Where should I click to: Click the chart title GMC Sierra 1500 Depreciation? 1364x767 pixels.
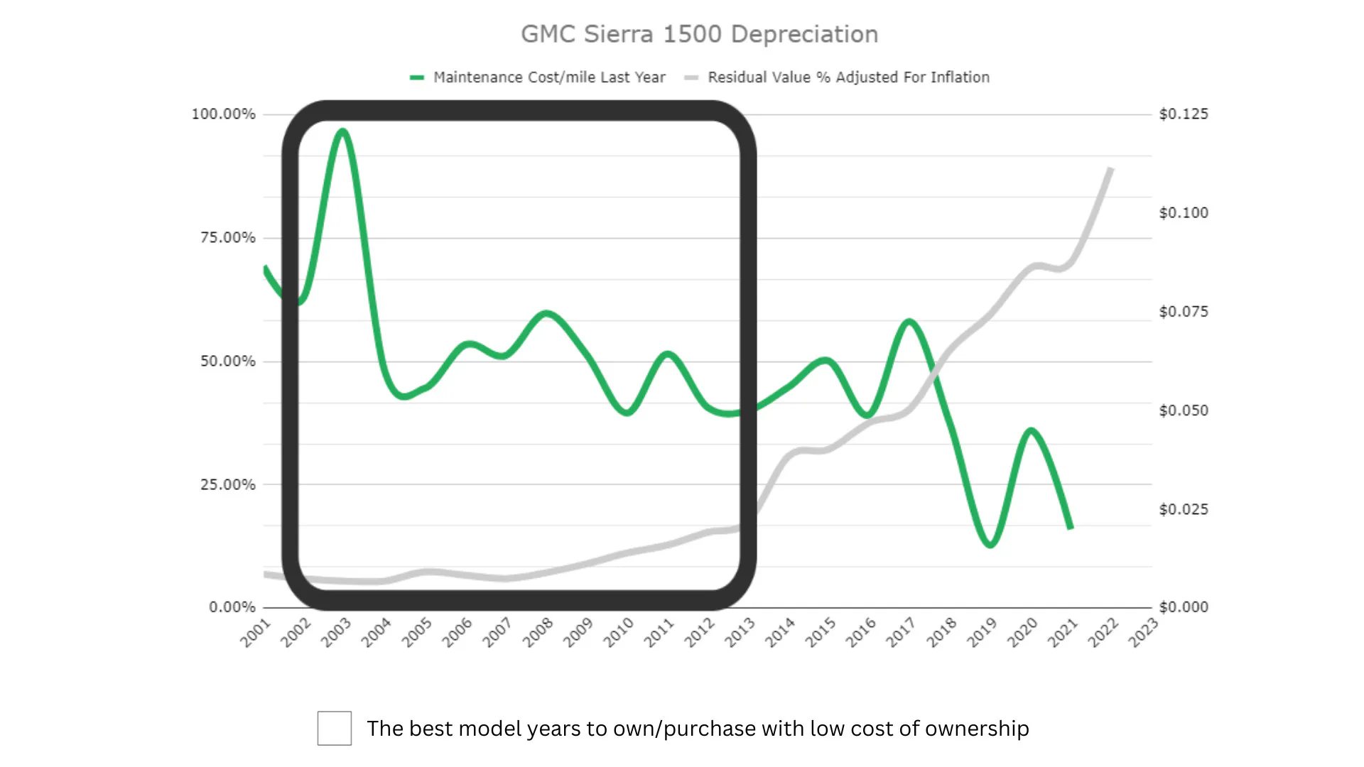[699, 34]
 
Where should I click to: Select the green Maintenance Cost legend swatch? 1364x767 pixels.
[417, 77]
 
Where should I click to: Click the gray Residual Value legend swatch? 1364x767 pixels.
[691, 77]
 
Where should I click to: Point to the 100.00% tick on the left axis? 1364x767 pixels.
[223, 114]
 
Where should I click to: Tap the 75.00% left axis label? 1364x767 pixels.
[227, 238]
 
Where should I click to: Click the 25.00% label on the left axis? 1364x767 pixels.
[227, 485]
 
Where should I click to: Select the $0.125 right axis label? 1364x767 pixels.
[1183, 114]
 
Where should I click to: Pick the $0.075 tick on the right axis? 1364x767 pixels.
[1183, 312]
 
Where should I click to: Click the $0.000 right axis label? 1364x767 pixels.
[1183, 607]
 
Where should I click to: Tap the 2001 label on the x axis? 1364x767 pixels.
[256, 632]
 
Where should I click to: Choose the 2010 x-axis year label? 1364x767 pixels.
[619, 632]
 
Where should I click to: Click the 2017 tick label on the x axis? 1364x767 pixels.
[901, 632]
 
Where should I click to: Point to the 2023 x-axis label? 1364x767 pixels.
[1143, 632]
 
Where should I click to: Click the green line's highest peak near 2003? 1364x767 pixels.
[343, 131]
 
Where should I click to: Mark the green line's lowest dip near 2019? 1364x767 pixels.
[990, 545]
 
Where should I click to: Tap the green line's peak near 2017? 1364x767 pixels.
[909, 322]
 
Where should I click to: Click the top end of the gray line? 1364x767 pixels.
[1110, 169]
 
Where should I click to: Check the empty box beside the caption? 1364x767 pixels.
[335, 729]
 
